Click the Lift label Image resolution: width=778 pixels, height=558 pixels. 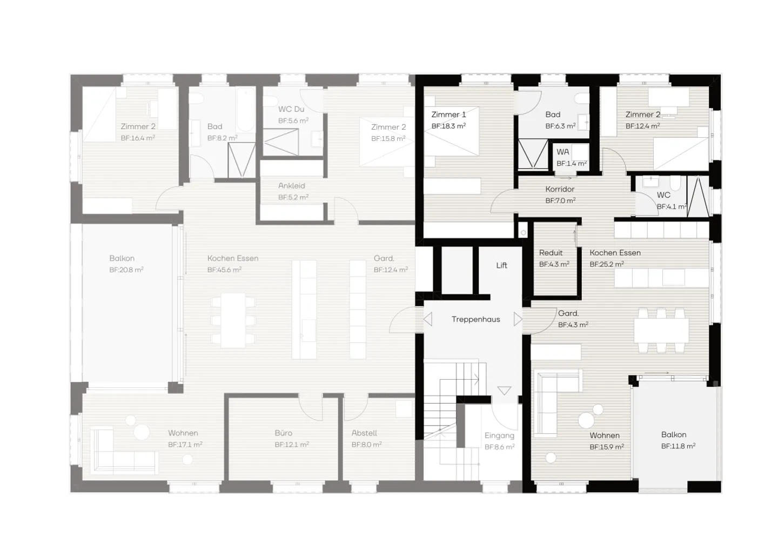[501, 265]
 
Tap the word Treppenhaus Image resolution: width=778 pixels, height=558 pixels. [475, 319]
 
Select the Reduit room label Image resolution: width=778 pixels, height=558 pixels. [551, 253]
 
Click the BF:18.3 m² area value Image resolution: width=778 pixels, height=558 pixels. [448, 126]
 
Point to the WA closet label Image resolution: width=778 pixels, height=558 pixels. [562, 152]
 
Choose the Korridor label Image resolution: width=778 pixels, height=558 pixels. [560, 189]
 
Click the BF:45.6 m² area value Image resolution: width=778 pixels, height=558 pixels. [224, 270]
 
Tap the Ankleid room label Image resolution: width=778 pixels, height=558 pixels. [292, 186]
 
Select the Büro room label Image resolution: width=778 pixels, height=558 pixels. [284, 433]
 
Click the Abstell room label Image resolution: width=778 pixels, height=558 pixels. [364, 433]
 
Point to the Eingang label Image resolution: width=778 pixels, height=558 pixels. [499, 435]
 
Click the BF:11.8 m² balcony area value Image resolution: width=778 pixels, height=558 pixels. [678, 446]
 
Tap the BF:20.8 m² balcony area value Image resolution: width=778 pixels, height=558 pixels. [126, 270]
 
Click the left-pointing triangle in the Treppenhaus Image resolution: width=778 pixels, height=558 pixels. [428, 319]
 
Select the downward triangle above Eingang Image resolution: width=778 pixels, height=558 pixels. [504, 391]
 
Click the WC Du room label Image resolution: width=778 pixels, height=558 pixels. [292, 109]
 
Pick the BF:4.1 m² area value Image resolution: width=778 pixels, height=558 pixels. [672, 206]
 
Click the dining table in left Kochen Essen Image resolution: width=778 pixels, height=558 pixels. [233, 320]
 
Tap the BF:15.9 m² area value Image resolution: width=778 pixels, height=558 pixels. [607, 447]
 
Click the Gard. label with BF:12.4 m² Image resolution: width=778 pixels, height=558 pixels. [384, 258]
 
